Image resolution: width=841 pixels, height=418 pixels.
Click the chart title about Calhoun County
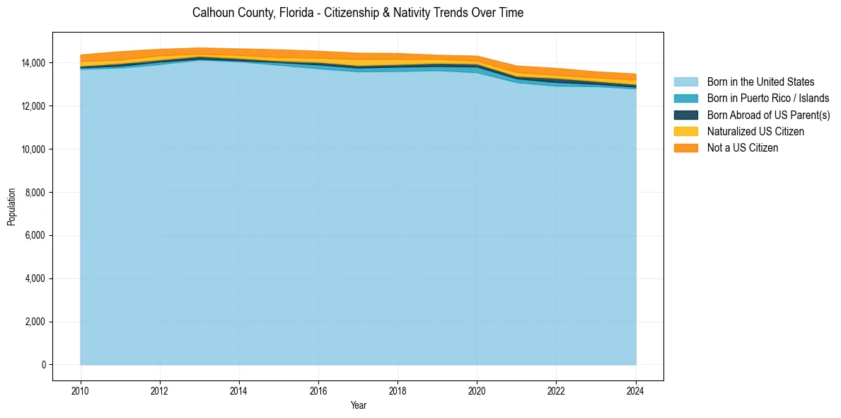tap(358, 13)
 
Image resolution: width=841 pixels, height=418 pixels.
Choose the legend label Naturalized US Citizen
tap(755, 132)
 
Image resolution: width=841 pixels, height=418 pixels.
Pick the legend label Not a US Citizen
tap(743, 148)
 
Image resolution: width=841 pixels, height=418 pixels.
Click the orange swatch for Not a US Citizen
tap(685, 148)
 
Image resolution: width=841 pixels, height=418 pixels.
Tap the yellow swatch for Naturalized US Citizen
tap(685, 132)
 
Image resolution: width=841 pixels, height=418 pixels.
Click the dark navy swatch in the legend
tap(685, 115)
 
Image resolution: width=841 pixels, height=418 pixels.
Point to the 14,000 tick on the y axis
tap(35, 63)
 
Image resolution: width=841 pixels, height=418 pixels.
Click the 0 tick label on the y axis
tap(44, 365)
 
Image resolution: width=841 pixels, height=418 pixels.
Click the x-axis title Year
tap(359, 405)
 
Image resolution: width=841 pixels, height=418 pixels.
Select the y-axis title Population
tap(11, 207)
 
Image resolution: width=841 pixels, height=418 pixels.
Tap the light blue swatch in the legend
tap(685, 82)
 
